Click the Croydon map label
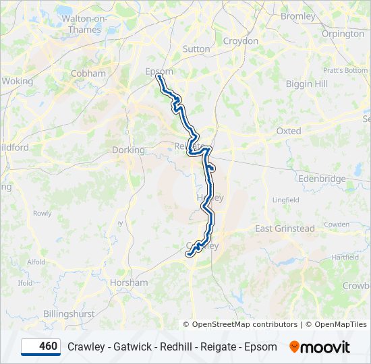pos(241,41)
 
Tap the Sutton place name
pos(196,49)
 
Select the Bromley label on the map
pos(297,16)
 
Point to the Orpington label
pos(343,34)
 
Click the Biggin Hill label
pos(307,84)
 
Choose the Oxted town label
pos(289,131)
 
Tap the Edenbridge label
pos(323,179)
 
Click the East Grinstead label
pos(285,229)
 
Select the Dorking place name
pos(128,150)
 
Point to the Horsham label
pos(129,282)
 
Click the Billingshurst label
pos(69,313)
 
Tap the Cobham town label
pos(88,73)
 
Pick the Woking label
pos(17,81)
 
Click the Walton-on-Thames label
pos(85,24)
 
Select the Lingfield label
pos(285,200)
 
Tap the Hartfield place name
pos(345,257)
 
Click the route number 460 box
pos(40,346)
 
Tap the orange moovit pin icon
pos(294,346)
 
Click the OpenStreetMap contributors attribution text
pos(245,324)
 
